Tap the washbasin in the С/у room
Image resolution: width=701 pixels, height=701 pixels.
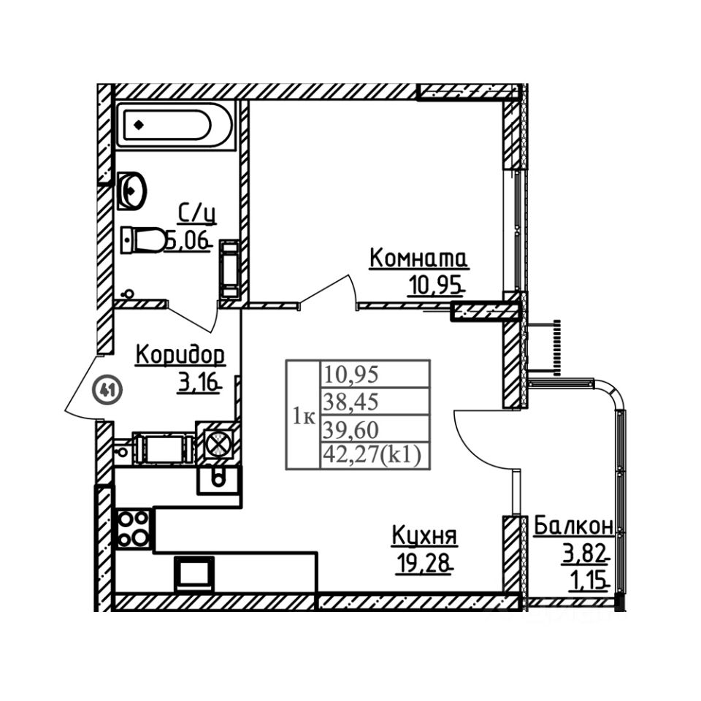131,190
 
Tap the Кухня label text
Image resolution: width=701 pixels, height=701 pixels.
424,537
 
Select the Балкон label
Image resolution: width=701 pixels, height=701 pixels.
573,526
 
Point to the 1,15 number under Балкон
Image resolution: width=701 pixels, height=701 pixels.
589,583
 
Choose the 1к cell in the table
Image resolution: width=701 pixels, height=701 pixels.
303,417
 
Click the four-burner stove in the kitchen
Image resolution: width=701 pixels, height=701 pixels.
134,528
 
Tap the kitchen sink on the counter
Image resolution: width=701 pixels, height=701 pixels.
217,478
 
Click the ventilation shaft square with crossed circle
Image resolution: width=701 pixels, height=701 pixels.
218,443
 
